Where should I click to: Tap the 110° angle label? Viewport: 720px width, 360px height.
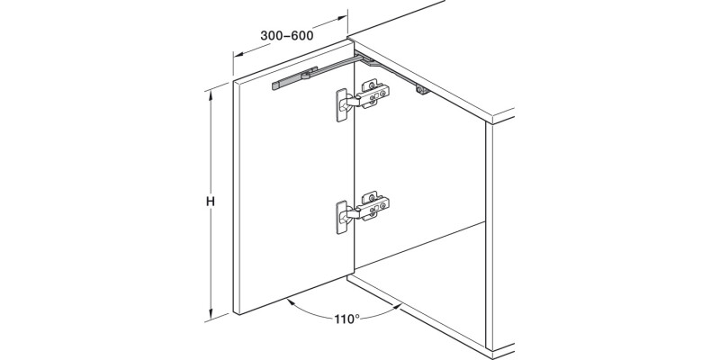point(345,319)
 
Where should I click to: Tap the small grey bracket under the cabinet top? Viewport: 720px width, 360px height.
point(420,90)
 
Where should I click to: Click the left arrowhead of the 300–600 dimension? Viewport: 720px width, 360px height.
point(236,55)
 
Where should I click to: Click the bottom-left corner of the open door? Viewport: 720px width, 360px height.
point(235,314)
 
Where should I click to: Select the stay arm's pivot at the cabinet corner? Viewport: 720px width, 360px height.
point(359,57)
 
